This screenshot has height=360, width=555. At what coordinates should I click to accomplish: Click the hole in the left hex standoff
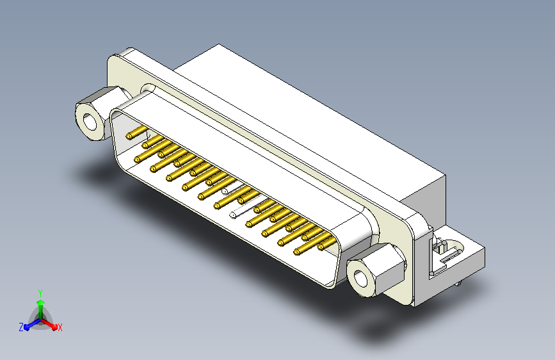(x=89, y=119)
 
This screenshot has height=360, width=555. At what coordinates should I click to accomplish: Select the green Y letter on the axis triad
(x=40, y=291)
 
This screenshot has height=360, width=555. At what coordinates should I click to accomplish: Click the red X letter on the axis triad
(x=60, y=328)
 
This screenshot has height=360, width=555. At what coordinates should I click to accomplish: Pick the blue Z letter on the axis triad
(x=21, y=327)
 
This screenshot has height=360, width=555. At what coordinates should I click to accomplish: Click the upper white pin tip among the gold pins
(x=225, y=192)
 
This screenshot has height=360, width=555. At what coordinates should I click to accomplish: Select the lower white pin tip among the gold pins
(x=231, y=214)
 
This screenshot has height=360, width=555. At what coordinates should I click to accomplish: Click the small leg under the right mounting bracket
(x=458, y=282)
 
